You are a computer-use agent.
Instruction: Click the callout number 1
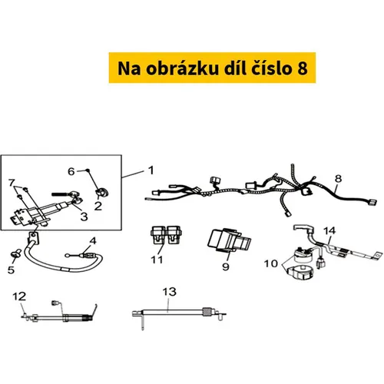tap(151, 170)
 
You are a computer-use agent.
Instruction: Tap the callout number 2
tap(98, 206)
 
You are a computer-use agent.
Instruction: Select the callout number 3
tap(84, 217)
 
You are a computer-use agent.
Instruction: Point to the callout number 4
tap(93, 240)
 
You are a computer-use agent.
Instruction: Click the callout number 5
tap(11, 270)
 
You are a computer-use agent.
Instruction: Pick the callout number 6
tap(71, 171)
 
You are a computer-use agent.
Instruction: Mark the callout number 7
tap(12, 183)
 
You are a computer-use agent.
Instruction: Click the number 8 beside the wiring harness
tap(338, 179)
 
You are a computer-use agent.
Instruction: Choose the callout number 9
tap(226, 266)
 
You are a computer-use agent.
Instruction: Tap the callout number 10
tap(271, 263)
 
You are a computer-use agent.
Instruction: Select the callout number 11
tap(157, 260)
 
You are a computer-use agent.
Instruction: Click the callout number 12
tap(19, 296)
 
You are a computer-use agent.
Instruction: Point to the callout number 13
tap(169, 292)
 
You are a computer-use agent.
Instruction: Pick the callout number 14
tap(329, 230)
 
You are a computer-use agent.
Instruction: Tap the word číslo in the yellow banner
tap(271, 68)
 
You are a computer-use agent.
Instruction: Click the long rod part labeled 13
tap(179, 314)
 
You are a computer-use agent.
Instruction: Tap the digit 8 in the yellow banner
tap(303, 68)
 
